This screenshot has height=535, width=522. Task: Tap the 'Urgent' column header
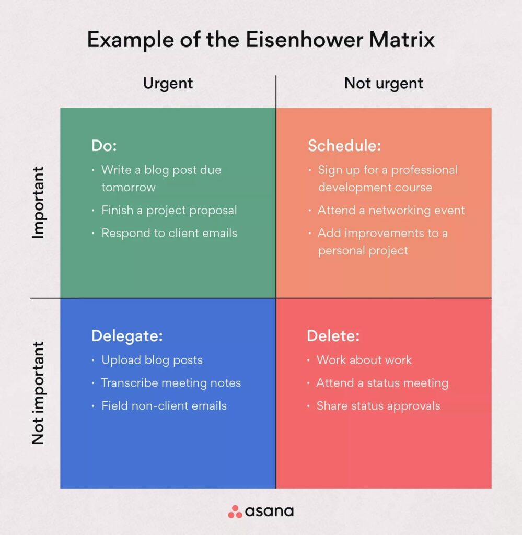click(x=168, y=83)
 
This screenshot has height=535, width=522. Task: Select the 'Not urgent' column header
click(x=384, y=83)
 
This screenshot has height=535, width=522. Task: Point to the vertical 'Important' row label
click(x=38, y=203)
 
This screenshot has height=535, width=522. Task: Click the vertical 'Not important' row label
click(x=38, y=393)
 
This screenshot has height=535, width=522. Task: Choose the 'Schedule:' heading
click(x=344, y=146)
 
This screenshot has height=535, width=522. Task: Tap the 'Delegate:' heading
click(x=127, y=336)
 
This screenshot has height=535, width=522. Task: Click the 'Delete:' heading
click(x=333, y=336)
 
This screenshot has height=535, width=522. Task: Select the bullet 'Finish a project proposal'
click(x=169, y=210)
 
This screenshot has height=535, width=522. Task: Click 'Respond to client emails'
click(x=169, y=233)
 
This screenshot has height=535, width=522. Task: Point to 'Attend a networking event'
click(x=391, y=210)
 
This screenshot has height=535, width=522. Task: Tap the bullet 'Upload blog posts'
click(x=152, y=360)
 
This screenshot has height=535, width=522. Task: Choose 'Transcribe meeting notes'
click(x=171, y=383)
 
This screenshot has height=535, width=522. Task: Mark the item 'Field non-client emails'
click(x=164, y=406)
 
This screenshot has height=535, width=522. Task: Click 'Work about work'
click(x=364, y=360)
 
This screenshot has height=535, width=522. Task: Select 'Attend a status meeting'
click(x=382, y=383)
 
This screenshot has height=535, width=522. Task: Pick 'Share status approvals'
click(x=378, y=406)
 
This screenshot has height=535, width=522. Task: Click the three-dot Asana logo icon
click(x=235, y=511)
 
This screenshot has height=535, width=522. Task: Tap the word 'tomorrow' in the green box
click(x=128, y=187)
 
